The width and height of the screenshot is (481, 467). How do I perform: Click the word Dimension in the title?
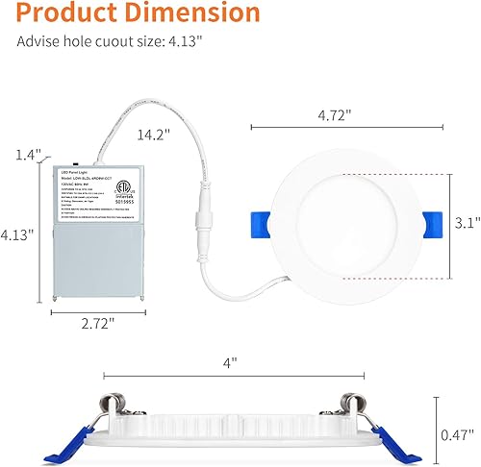(x=198, y=14)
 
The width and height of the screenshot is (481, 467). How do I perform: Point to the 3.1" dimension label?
(x=466, y=223)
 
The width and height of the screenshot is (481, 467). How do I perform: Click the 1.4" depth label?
(x=28, y=154)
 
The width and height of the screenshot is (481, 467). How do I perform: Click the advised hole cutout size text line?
(x=108, y=43)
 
